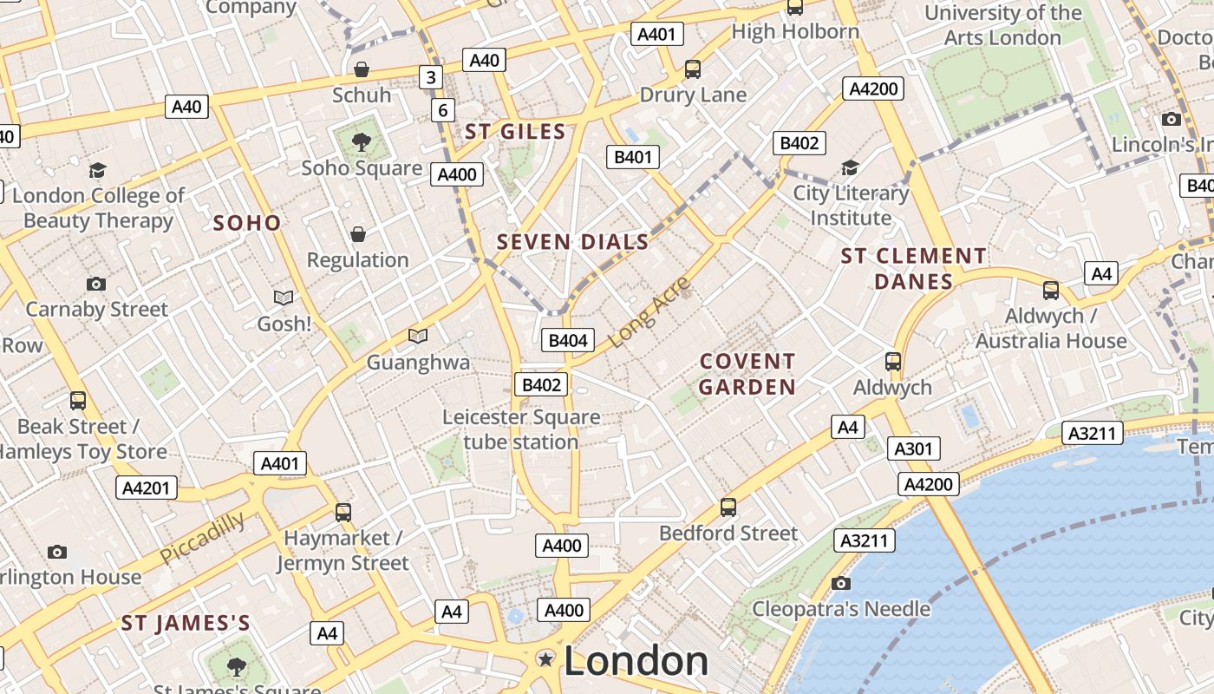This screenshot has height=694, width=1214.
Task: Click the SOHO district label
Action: (x=247, y=223)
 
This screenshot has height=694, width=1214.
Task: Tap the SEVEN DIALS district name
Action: (x=572, y=242)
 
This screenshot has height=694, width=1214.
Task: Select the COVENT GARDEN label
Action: (x=747, y=374)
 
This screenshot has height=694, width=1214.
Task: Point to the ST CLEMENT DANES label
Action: (x=913, y=268)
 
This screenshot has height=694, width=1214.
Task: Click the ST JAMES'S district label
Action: (x=186, y=623)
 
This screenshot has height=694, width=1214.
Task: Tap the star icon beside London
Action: (x=545, y=660)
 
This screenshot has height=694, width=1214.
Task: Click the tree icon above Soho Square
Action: (x=362, y=141)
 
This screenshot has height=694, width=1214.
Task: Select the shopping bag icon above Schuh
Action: (x=361, y=69)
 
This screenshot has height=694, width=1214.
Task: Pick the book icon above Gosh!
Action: (x=284, y=298)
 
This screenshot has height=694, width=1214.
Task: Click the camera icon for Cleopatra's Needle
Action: (x=840, y=583)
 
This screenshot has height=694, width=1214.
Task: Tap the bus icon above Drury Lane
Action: (x=692, y=69)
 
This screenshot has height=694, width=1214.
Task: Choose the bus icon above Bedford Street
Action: (x=728, y=507)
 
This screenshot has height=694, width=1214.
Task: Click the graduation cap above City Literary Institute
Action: (x=850, y=167)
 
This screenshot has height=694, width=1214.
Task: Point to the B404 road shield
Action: (x=568, y=340)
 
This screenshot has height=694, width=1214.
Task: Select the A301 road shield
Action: (x=914, y=448)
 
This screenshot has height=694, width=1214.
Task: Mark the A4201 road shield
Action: (x=147, y=488)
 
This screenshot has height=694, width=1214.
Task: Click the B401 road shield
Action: (x=632, y=157)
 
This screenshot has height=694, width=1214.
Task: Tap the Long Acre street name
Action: (x=649, y=311)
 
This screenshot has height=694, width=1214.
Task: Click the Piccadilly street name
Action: (x=202, y=538)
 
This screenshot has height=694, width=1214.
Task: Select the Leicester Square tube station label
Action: (x=521, y=429)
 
